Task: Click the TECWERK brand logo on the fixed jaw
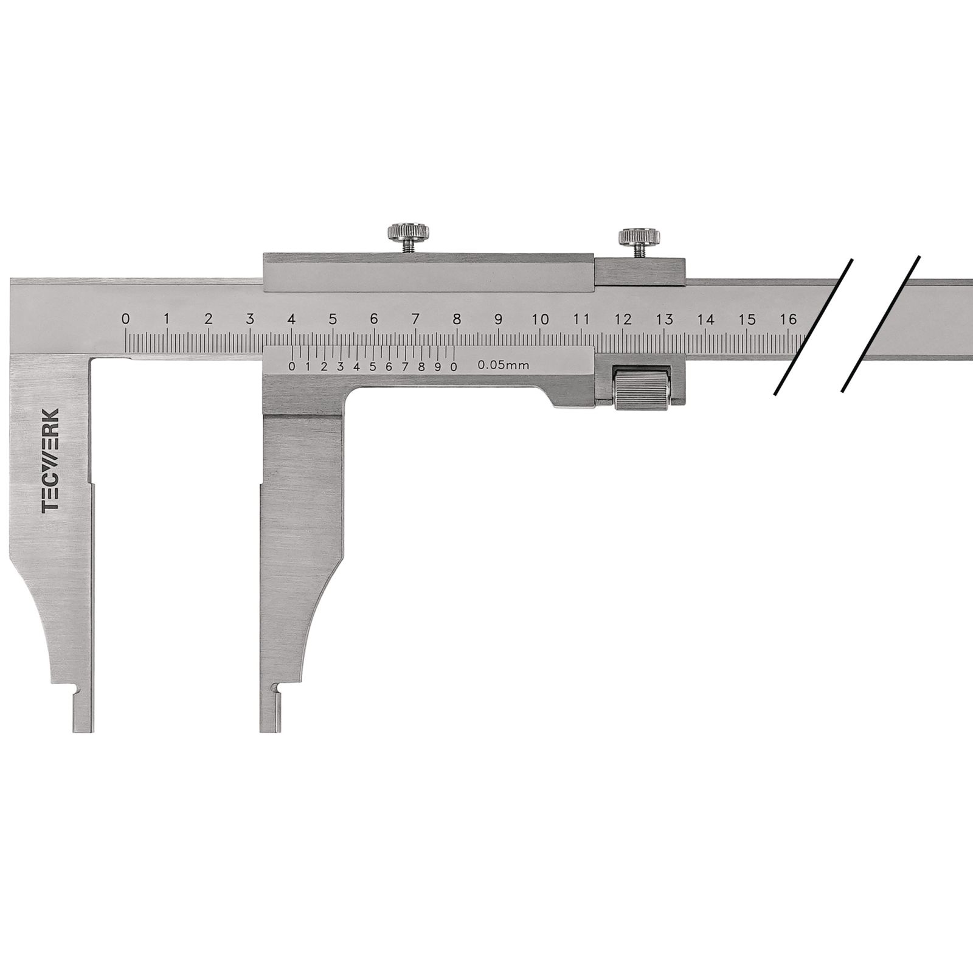point(51,461)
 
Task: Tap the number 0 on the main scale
point(125,319)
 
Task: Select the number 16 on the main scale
point(789,319)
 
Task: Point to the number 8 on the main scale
point(457,319)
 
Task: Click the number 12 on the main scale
point(623,319)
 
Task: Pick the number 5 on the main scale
point(333,319)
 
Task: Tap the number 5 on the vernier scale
point(372,366)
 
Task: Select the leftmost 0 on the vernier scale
point(292,366)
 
